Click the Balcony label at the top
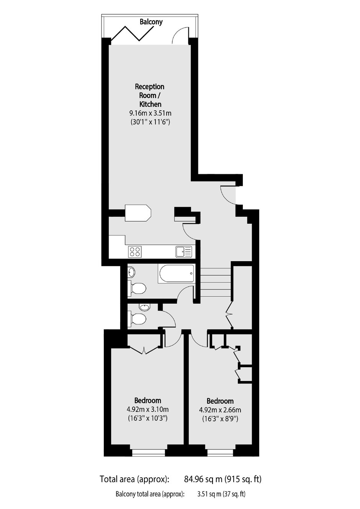tap(151, 22)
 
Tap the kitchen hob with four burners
tap(135, 252)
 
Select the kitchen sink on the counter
tap(183, 252)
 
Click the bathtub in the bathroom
tap(176, 273)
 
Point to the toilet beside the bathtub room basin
tap(137, 288)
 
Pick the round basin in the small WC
tap(144, 308)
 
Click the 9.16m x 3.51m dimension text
tap(150, 113)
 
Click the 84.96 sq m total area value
tap(203, 479)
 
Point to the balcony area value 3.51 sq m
tap(209, 494)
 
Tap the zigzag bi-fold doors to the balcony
tap(133, 34)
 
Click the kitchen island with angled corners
tap(138, 213)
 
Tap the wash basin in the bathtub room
tap(132, 272)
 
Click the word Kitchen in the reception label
tap(150, 104)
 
